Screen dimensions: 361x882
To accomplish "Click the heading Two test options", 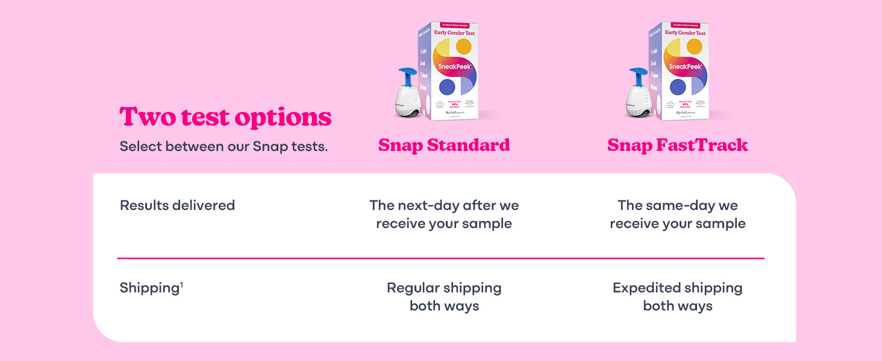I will pos(225,117).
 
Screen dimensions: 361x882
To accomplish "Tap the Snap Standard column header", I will pos(444,145).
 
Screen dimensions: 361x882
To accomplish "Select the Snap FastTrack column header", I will pos(677,145).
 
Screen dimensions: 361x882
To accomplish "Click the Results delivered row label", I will pos(177,205).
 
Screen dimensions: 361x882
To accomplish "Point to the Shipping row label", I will pos(149,288).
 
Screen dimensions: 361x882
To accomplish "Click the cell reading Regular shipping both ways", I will pos(444,297).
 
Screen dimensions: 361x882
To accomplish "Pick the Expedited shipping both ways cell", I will pos(677,297).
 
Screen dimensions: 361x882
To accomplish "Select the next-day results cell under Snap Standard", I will pos(444,214).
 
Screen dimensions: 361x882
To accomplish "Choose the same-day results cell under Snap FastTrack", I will pos(677,214).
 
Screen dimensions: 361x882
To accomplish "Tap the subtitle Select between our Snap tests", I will pos(224,146).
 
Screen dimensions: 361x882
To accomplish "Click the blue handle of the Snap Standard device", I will pos(408,75).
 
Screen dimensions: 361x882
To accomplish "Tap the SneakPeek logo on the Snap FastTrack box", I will pos(685,67).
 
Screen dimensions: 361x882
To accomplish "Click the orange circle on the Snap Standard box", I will pos(463,46).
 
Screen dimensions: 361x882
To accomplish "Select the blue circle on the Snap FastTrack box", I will pos(678,87).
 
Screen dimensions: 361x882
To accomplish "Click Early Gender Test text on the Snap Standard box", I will pos(454,33).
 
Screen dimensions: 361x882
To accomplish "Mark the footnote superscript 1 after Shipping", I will pos(181,284).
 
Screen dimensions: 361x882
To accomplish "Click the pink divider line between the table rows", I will pos(440,258).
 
